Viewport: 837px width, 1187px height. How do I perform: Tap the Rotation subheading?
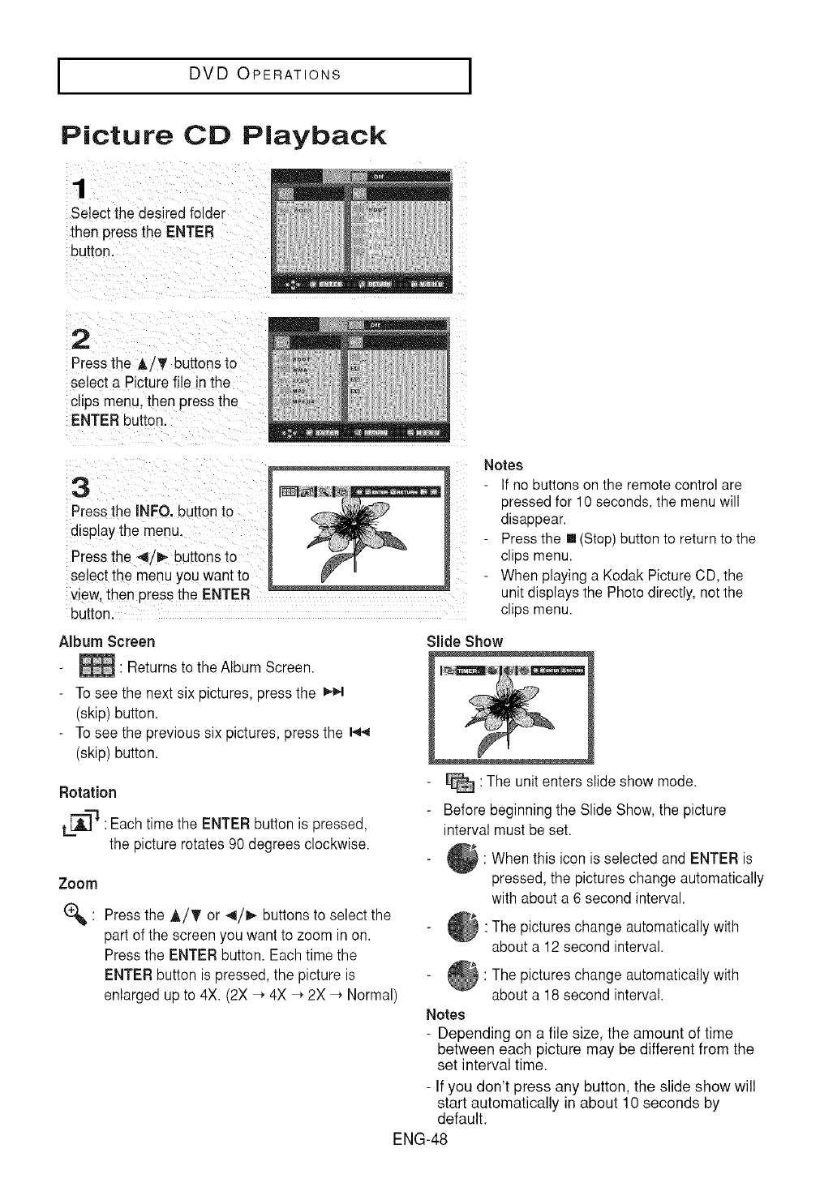(x=88, y=792)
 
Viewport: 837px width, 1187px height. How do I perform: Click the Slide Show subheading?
(x=465, y=641)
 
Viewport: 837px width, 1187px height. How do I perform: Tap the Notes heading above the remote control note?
(x=503, y=465)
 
